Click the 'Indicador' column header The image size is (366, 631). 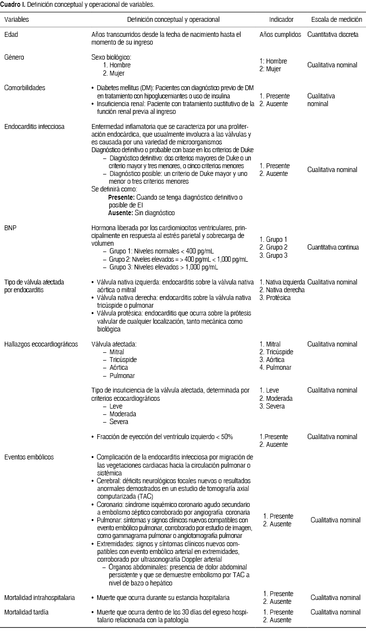(281, 20)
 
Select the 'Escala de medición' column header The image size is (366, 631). (336, 20)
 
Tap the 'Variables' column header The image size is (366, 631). (16, 20)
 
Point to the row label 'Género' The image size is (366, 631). (14, 57)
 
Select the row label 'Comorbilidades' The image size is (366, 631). (25, 88)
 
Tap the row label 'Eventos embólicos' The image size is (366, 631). (29, 457)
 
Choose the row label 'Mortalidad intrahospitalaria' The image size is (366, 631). (40, 598)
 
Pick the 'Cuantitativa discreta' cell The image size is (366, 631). (333, 35)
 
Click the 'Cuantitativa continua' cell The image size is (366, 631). (333, 247)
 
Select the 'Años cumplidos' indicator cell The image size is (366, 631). (280, 35)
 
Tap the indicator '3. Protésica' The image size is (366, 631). (275, 298)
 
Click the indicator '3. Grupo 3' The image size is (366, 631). (274, 255)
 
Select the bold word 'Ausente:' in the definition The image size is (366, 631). (120, 213)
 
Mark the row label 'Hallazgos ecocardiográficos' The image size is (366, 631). (41, 345)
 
